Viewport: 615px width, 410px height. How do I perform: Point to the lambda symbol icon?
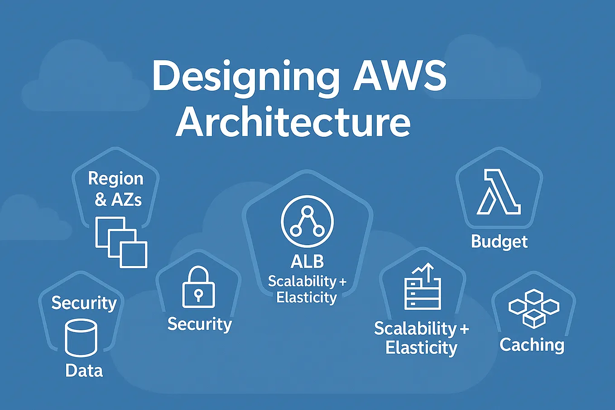(x=498, y=192)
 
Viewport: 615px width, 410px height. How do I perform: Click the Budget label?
(x=499, y=241)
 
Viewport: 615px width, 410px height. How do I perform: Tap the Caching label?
(x=532, y=345)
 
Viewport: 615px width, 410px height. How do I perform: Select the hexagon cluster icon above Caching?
(x=533, y=309)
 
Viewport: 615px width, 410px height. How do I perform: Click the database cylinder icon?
(x=81, y=338)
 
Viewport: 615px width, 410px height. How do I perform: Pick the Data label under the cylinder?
(x=84, y=371)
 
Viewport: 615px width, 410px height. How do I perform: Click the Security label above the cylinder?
(x=84, y=303)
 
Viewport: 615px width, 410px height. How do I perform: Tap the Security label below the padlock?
(x=199, y=324)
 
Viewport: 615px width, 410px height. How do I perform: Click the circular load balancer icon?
(x=307, y=222)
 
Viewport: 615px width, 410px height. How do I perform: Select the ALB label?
(x=307, y=261)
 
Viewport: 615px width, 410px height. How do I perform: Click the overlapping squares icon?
(x=121, y=242)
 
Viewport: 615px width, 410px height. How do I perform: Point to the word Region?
(x=115, y=178)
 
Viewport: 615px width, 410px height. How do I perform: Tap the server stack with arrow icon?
(x=422, y=287)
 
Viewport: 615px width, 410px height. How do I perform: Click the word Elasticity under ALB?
(x=307, y=298)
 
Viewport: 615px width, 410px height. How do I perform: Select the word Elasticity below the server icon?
(x=421, y=348)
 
